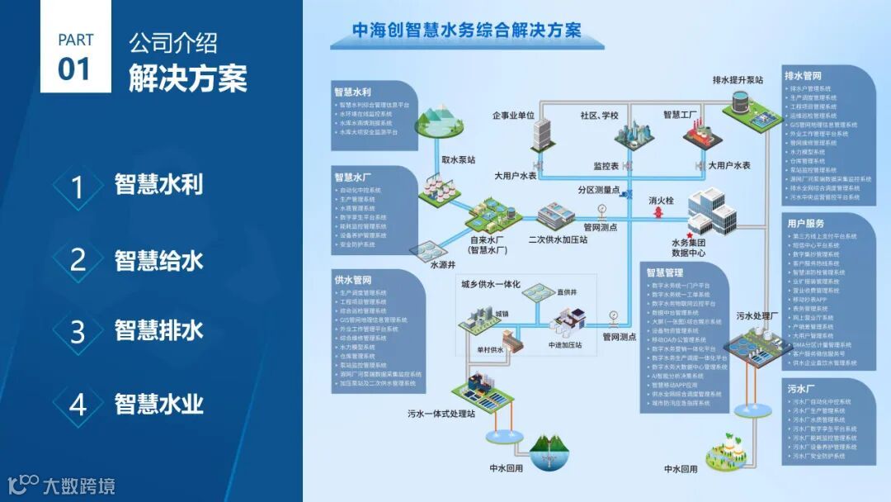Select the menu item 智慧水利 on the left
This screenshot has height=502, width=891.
coord(159,184)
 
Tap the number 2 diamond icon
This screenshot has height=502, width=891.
coord(78,261)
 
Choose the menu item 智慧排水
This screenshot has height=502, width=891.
coord(159,331)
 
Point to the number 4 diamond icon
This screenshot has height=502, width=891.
coord(78,405)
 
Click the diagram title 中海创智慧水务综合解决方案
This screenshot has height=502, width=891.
coord(466,31)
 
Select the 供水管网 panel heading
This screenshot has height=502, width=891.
coord(352,280)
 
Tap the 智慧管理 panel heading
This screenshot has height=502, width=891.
coord(665,272)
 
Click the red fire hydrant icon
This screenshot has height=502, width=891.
coord(658,211)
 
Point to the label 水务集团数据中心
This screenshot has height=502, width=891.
coord(688,248)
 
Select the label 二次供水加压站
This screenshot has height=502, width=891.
coord(558,240)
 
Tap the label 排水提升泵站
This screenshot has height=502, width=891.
coord(738,80)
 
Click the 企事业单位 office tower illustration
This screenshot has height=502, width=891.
coord(540,137)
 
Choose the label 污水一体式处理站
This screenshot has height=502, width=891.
coord(441,414)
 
